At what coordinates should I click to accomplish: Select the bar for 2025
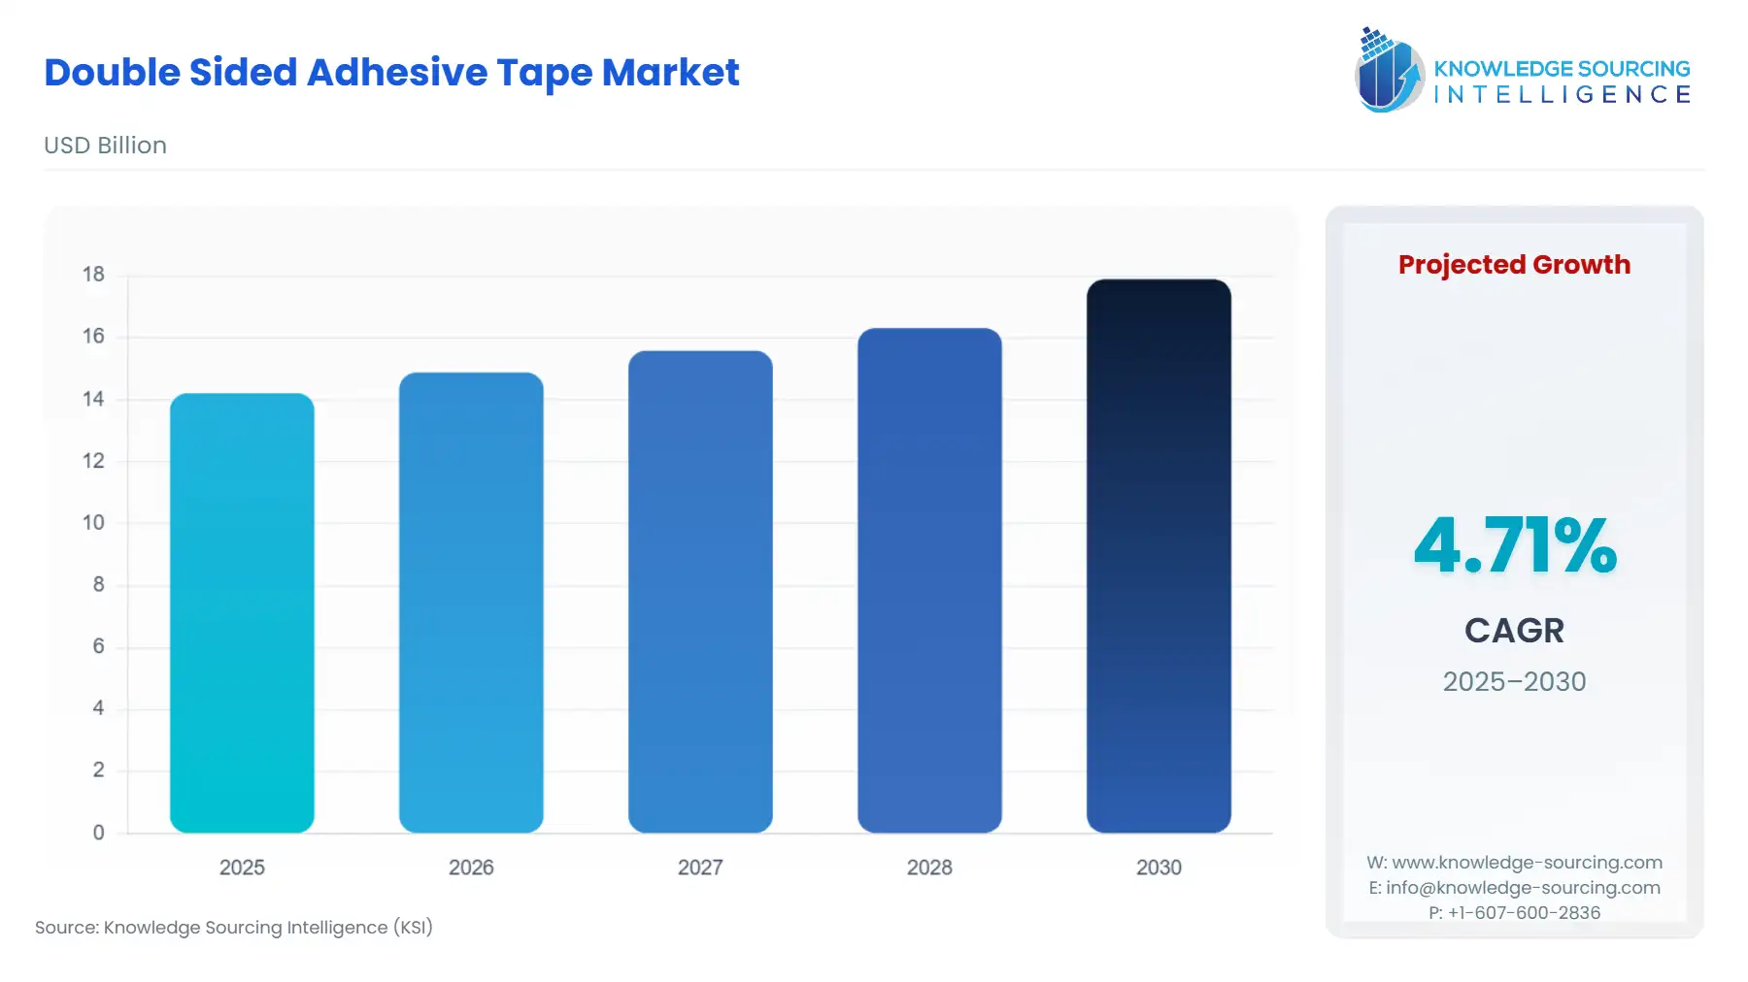click(242, 612)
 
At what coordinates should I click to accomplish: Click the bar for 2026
click(471, 603)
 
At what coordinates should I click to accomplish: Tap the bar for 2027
click(700, 592)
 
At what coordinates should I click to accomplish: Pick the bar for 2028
click(929, 580)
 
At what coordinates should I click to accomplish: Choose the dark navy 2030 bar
click(1159, 556)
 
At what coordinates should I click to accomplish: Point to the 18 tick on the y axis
click(93, 275)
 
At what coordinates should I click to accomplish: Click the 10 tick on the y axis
click(93, 523)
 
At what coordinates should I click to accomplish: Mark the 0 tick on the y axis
click(98, 833)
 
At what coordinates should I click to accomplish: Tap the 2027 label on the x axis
click(700, 867)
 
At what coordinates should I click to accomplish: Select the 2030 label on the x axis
click(1159, 867)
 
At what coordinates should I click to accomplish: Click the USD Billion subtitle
click(105, 146)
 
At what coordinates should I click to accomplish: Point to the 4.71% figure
click(1514, 545)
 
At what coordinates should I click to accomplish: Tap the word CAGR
click(1514, 631)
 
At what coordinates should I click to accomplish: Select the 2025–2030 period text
click(1514, 681)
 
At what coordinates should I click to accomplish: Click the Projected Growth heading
click(1514, 265)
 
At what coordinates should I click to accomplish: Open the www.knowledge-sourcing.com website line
click(1514, 863)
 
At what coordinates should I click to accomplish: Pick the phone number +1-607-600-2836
click(1514, 913)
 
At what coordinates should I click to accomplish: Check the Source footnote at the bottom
click(234, 928)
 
